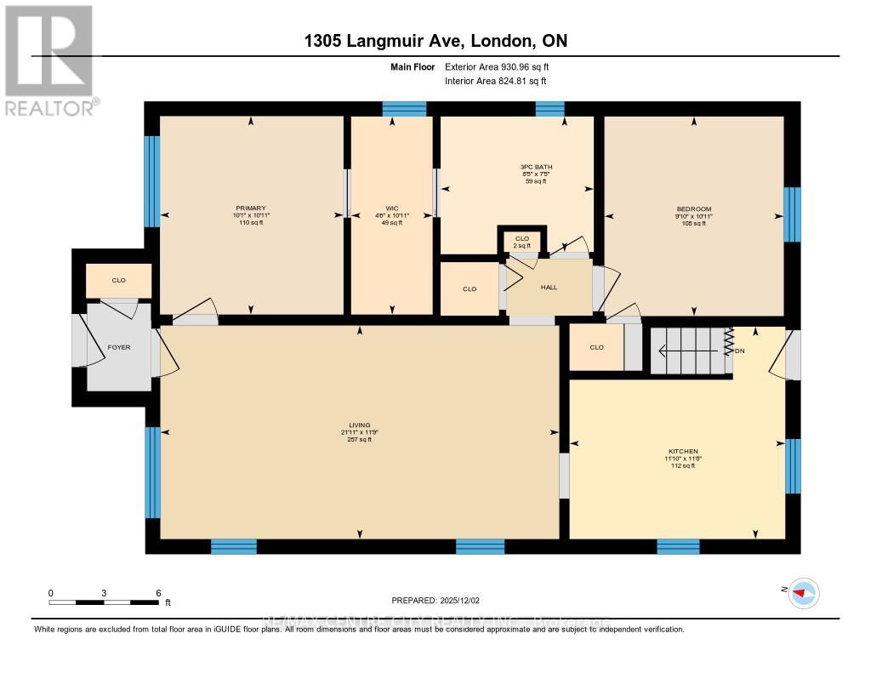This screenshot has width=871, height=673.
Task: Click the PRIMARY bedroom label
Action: click(251, 208)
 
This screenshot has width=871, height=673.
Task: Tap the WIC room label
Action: click(392, 208)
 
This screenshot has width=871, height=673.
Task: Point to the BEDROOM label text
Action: click(694, 208)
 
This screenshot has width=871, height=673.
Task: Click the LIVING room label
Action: click(359, 425)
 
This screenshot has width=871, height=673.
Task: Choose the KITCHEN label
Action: click(682, 451)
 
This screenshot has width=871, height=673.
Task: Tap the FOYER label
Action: click(118, 347)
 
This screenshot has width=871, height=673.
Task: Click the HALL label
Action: click(549, 288)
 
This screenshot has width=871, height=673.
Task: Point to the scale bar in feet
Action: click(104, 602)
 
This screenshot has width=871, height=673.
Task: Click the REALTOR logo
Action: click(49, 60)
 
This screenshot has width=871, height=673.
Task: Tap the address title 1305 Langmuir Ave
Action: click(436, 41)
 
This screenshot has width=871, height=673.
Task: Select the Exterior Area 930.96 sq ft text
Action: click(503, 66)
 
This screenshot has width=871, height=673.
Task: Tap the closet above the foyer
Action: click(118, 280)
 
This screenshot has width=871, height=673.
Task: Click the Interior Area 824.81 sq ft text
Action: click(495, 81)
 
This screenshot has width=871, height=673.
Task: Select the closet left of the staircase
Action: click(596, 347)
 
